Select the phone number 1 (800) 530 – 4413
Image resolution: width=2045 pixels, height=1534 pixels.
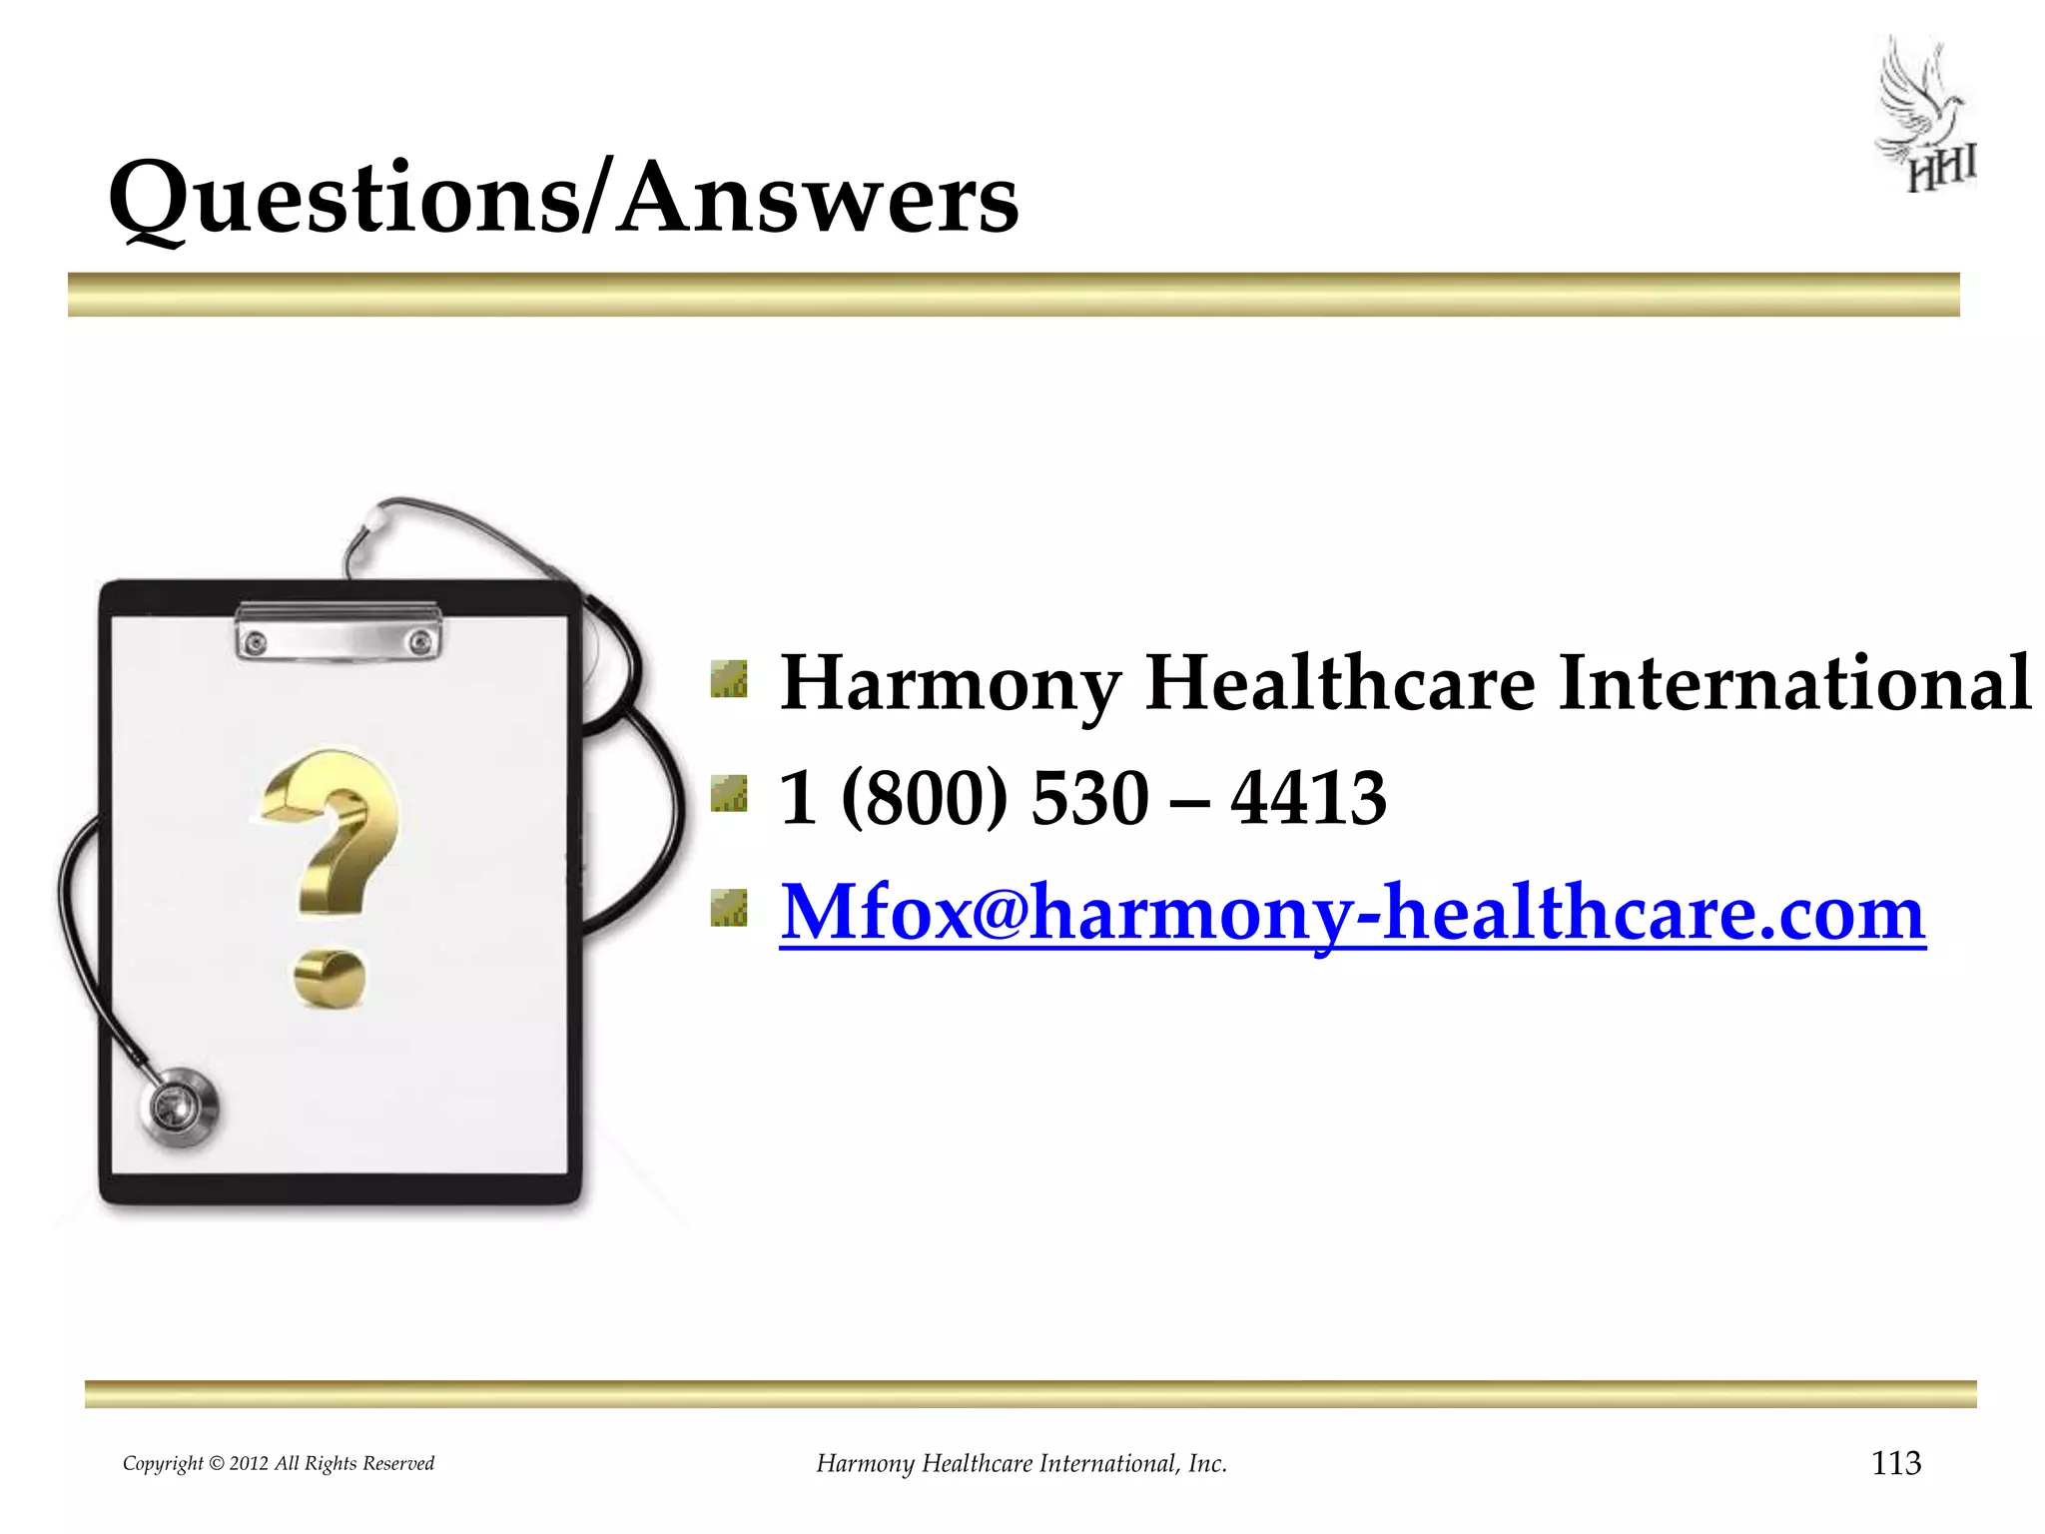pos(1082,798)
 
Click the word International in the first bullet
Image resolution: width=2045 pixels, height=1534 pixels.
pos(1794,683)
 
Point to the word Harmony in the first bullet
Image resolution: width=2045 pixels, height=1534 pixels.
pos(951,685)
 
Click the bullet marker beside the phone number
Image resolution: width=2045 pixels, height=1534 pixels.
pos(729,795)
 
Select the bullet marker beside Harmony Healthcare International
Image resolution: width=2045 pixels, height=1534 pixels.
pos(729,679)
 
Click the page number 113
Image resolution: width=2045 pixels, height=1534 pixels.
pos(1895,1463)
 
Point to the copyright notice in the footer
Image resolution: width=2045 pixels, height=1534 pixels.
pos(279,1464)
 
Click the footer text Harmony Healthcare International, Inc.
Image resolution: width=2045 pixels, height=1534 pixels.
pos(1022,1464)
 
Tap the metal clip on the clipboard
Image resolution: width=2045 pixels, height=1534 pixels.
pos(339,631)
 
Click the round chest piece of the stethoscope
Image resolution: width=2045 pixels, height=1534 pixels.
pos(180,1107)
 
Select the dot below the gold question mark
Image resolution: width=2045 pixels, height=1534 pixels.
pos(330,978)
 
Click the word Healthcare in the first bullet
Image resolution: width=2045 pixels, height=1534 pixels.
pos(1340,683)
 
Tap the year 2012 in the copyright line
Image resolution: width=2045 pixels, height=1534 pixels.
pos(249,1464)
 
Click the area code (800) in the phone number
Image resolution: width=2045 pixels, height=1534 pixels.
pos(925,798)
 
